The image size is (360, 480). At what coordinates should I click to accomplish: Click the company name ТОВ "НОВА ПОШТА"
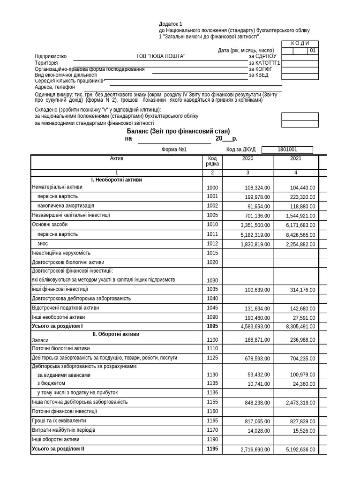[160, 57]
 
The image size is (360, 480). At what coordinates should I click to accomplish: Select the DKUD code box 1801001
[287, 150]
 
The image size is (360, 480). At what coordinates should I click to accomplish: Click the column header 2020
[247, 158]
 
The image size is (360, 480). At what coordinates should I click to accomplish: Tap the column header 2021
[295, 158]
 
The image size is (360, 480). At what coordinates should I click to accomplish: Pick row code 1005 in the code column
[212, 216]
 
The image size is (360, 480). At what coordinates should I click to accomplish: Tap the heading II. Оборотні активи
[116, 334]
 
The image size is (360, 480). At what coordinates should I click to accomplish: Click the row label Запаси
[40, 340]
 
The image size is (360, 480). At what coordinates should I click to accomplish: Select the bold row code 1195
[212, 449]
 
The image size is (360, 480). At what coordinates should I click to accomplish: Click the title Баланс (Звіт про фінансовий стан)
[178, 131]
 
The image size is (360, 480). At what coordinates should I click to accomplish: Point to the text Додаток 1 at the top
[170, 24]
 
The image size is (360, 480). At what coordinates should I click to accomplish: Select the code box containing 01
[313, 51]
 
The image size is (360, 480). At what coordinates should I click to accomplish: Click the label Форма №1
[174, 150]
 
